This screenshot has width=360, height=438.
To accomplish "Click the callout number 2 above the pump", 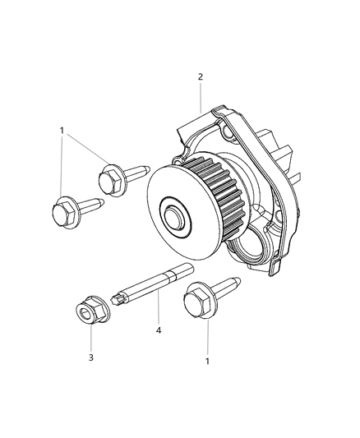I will [x=200, y=77].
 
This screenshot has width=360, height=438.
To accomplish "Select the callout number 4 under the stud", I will [x=159, y=333].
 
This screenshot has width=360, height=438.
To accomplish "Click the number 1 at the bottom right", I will [x=208, y=360].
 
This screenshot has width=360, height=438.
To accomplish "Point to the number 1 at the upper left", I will [x=61, y=131].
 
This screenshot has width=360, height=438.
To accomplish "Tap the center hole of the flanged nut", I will [x=85, y=314].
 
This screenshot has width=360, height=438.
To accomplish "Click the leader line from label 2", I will [x=200, y=99].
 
